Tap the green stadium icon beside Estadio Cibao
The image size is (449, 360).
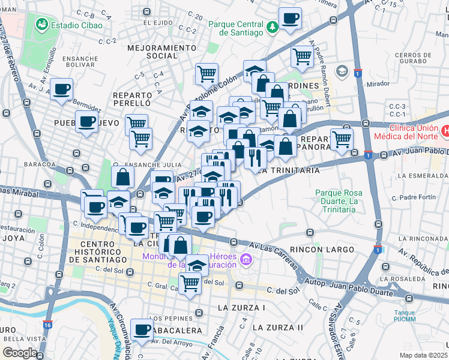pos(41,25)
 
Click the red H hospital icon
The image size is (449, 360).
pos(445,130)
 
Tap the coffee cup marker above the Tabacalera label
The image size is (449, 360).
pos(142,330)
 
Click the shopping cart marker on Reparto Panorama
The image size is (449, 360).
pos(341,139)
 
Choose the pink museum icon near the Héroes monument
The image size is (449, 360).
pos(245,259)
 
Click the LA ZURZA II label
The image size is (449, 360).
pos(277,328)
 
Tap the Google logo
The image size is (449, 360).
pos(19,353)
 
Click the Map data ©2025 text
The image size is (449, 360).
pos(423,355)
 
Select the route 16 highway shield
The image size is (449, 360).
pos(47,325)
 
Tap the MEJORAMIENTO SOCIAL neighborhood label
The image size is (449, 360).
pos(162,52)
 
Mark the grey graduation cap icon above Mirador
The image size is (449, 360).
pos(342,71)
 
